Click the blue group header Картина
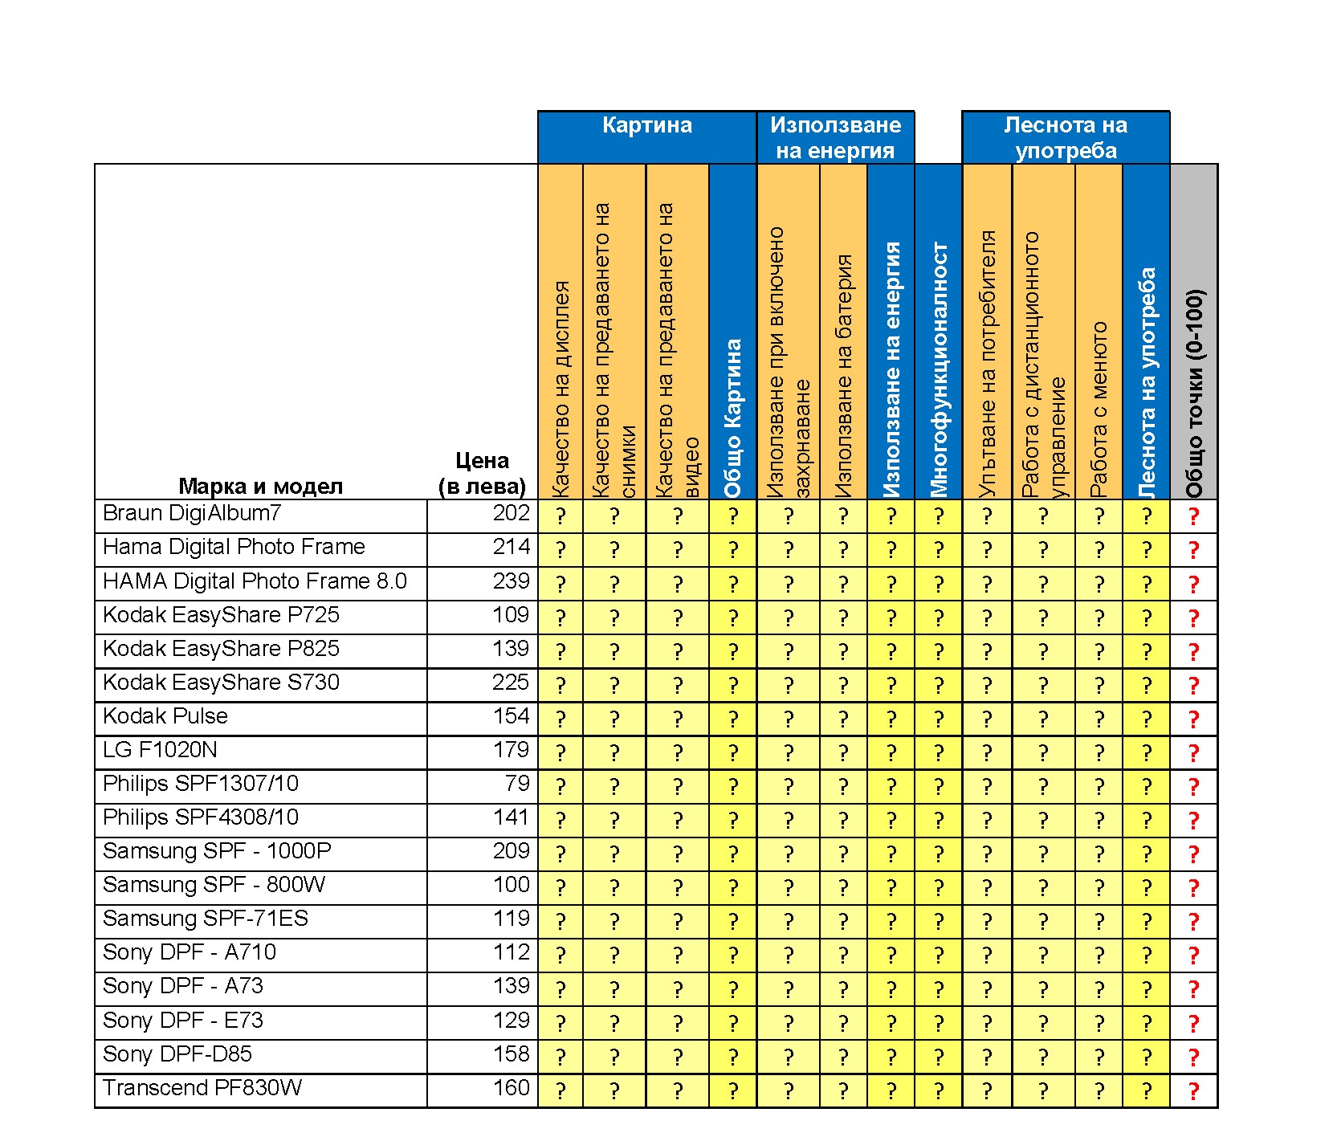tap(646, 126)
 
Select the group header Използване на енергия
tap(835, 137)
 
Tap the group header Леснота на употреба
tap(1066, 137)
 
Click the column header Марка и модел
tap(260, 486)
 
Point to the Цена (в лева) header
tap(482, 473)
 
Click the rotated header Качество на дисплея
tap(561, 389)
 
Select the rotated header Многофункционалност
tap(939, 369)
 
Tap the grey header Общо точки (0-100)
tap(1194, 393)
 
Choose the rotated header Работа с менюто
tap(1099, 409)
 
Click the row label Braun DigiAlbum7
tap(192, 513)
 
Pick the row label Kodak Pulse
tap(165, 716)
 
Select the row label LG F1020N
tap(160, 750)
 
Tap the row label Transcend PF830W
tap(202, 1088)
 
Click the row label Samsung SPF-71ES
tap(206, 919)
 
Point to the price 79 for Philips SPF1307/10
tap(517, 784)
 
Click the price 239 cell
tap(511, 581)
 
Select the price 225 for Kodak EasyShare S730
tap(511, 683)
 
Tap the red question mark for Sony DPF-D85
tap(1193, 1057)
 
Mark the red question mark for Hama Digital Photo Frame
tap(1193, 550)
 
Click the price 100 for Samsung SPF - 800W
tap(511, 885)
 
